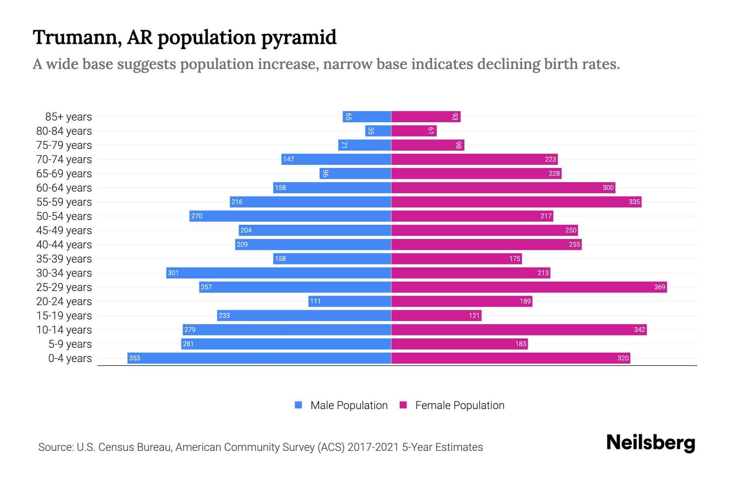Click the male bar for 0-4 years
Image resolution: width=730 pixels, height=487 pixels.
pos(260,358)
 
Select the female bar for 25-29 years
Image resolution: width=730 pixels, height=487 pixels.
pos(529,287)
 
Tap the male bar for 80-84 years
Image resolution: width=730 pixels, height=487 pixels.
pos(378,131)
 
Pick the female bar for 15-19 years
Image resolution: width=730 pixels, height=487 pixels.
pos(436,315)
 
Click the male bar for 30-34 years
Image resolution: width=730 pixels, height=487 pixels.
pos(279,273)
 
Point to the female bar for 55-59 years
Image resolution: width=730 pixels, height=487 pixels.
pos(516,202)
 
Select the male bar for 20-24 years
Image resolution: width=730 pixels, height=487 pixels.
pos(350,301)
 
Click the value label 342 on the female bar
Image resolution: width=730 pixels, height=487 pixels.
pos(639,330)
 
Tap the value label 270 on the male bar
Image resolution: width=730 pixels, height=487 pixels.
pos(197,216)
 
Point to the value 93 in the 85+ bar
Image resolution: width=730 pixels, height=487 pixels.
pos(455,117)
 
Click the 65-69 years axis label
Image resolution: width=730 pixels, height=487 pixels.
pos(64,174)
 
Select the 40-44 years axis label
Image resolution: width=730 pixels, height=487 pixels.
pos(64,245)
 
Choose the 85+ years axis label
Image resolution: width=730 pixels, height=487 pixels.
pos(69,117)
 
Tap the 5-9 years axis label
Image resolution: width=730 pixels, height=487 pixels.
pos(70,344)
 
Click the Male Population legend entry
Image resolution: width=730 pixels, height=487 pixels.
pos(349,405)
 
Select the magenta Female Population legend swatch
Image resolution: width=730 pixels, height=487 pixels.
pos(403,405)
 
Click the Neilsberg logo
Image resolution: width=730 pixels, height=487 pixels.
pos(651,443)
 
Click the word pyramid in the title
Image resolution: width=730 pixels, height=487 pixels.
pos(298,38)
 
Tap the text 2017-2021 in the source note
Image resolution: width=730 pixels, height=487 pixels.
pos(373,447)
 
